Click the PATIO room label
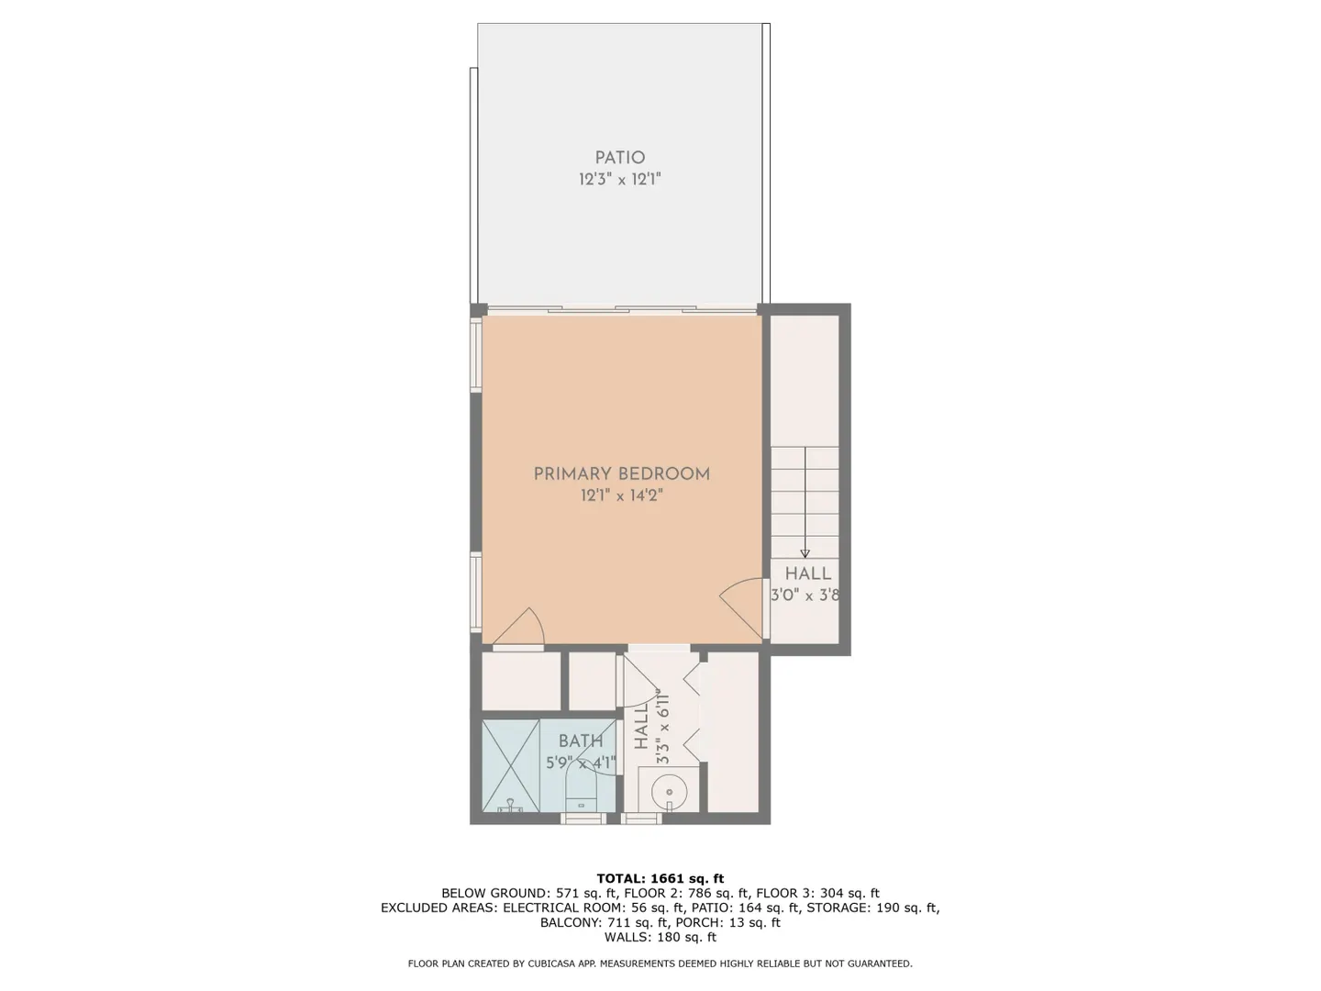tap(620, 158)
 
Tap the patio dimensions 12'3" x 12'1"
tap(620, 179)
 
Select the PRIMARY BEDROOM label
tap(622, 474)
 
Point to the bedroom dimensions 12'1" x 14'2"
tap(622, 495)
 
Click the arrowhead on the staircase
tap(805, 553)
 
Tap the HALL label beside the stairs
tap(807, 573)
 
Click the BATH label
tap(580, 741)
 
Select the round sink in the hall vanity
tap(669, 793)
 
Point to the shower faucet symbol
tap(510, 805)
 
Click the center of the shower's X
tap(510, 765)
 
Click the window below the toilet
tap(583, 818)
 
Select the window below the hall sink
tap(641, 818)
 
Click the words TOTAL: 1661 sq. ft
tap(660, 879)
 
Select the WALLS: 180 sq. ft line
tap(660, 937)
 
